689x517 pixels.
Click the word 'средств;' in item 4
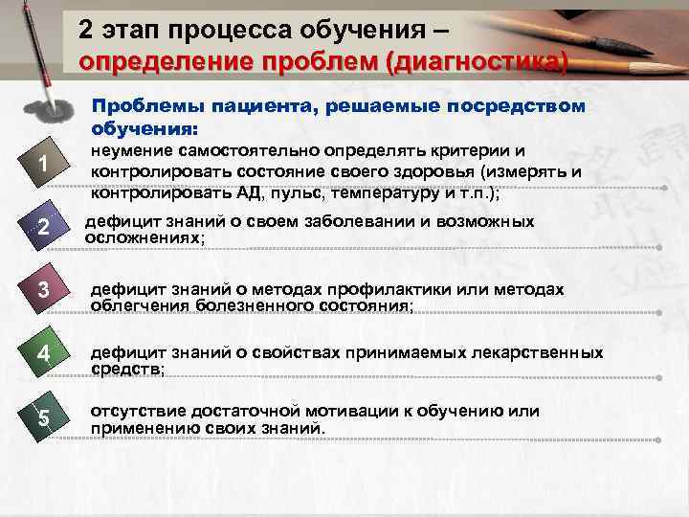[126, 369]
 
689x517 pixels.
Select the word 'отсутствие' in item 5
[129, 412]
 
